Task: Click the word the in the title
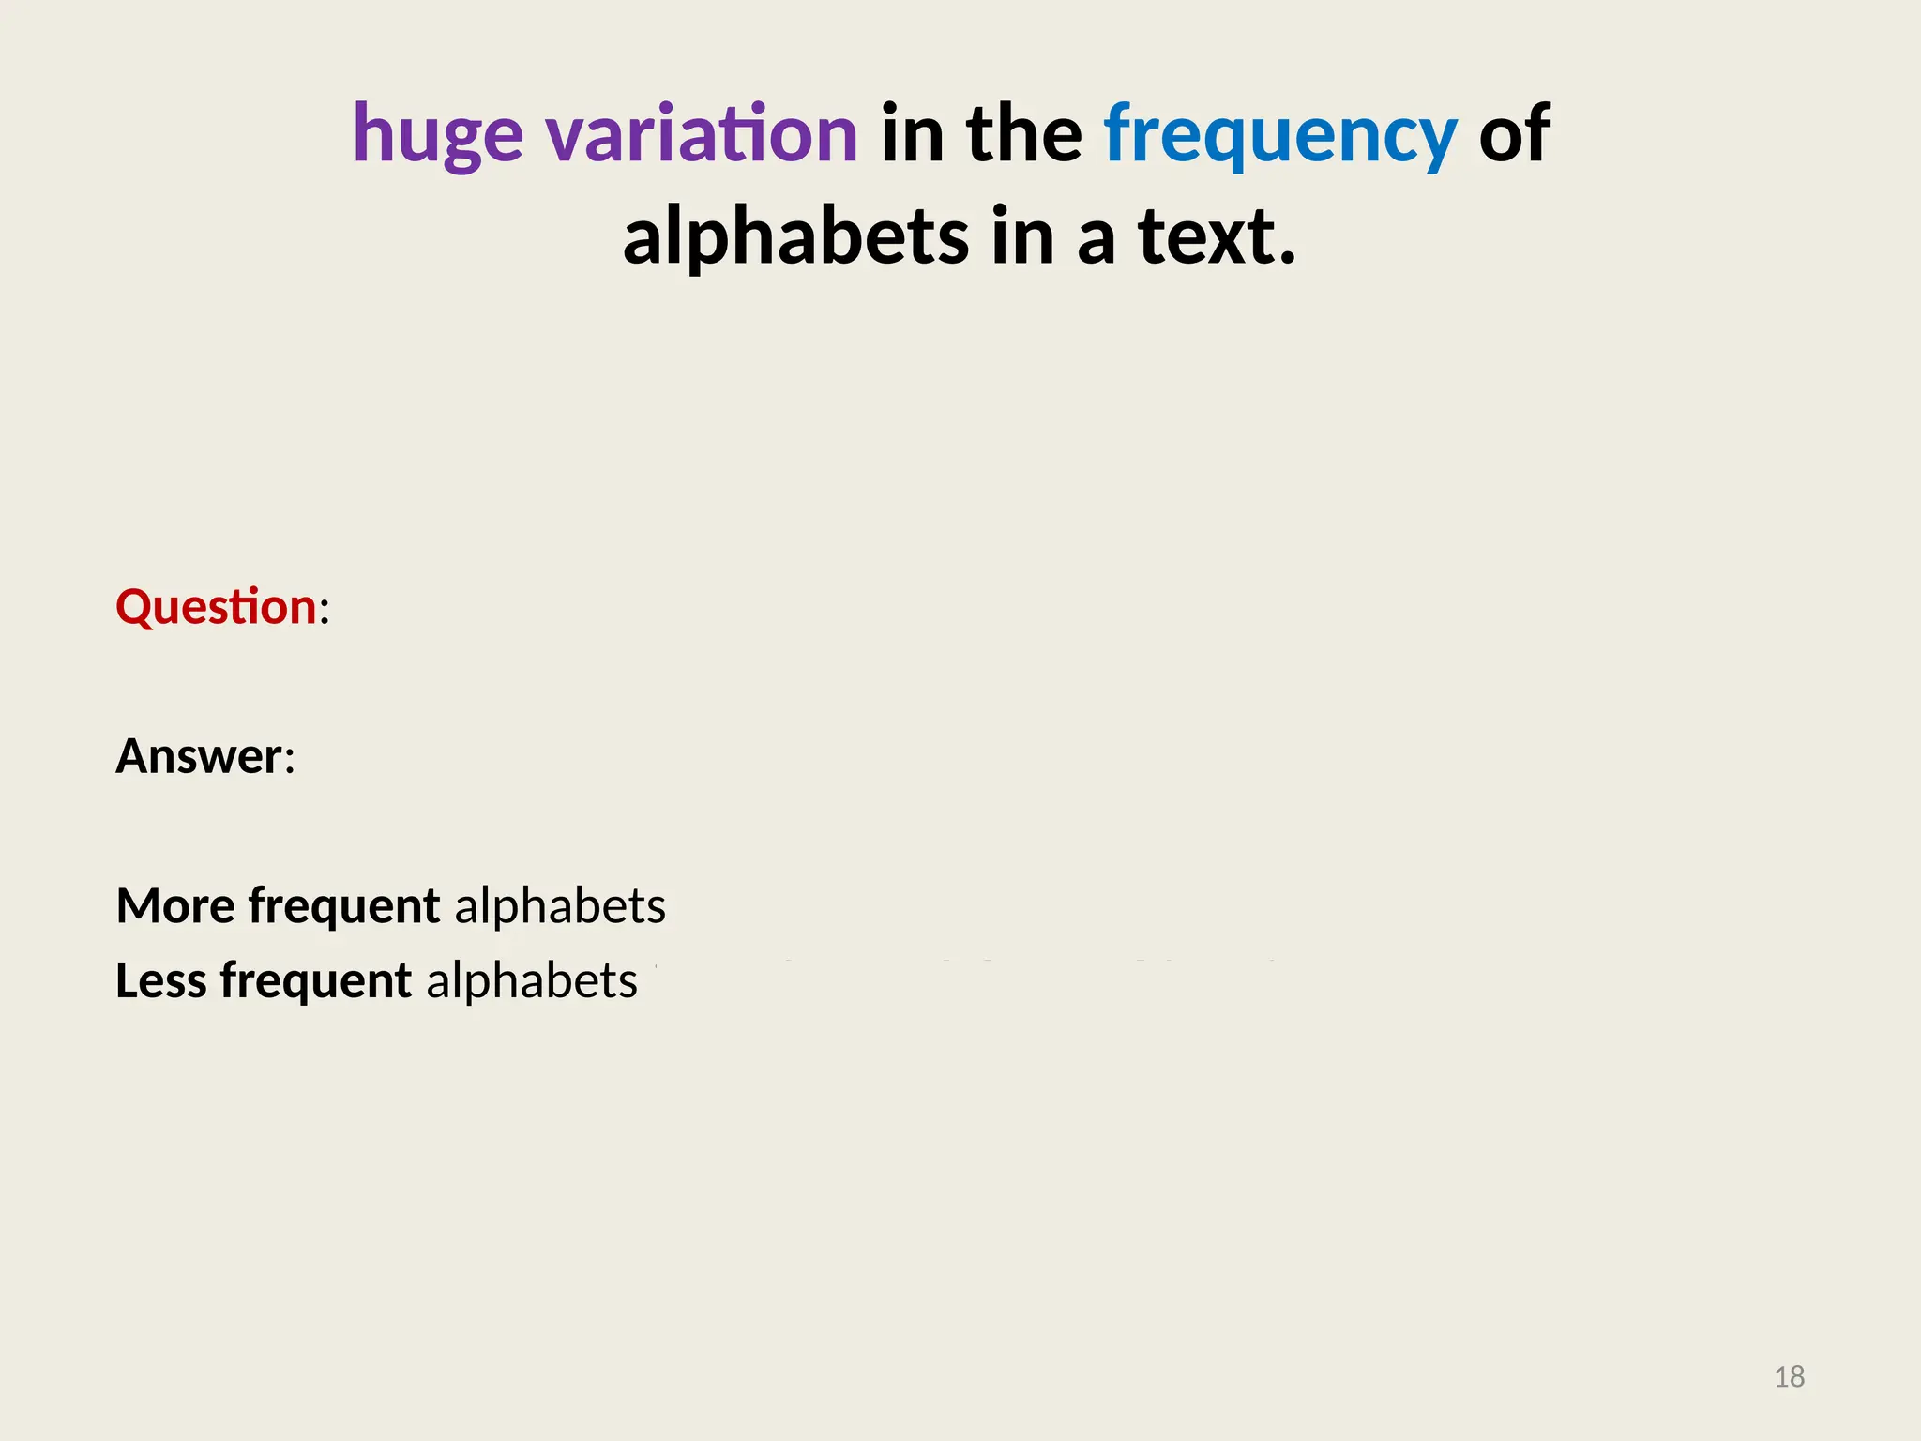[x=1024, y=134]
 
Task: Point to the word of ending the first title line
[x=1514, y=134]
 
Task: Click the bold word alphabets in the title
[x=795, y=236]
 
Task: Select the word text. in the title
[x=1217, y=236]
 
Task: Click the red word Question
[x=216, y=607]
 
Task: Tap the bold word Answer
[x=198, y=756]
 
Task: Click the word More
[x=175, y=906]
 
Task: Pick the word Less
[x=160, y=981]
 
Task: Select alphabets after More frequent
[x=560, y=906]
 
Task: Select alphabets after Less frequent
[x=532, y=981]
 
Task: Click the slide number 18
[x=1789, y=1376]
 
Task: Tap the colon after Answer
[x=290, y=761]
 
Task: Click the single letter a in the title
[x=1096, y=240]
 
